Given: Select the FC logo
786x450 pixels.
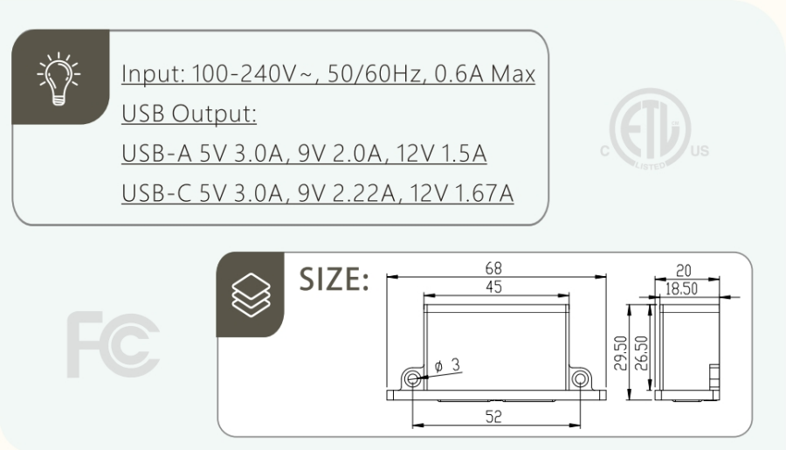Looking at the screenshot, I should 111,336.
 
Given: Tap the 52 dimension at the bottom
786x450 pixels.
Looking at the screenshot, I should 495,417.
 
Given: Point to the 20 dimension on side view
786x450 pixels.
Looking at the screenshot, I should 686,271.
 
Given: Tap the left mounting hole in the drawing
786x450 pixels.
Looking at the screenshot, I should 413,377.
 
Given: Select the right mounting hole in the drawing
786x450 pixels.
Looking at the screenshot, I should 578,377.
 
